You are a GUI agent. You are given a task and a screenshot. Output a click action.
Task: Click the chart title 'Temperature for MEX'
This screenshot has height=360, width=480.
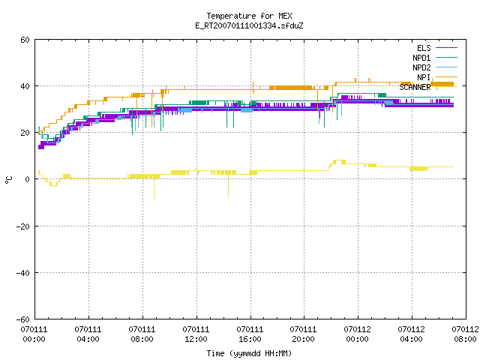coord(249,16)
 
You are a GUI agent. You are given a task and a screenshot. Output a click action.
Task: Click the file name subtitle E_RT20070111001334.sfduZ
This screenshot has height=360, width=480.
coord(249,25)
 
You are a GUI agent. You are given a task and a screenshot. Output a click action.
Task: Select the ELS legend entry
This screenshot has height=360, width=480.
coord(437,48)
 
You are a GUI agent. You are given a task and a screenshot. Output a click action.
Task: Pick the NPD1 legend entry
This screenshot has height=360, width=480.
coord(435,58)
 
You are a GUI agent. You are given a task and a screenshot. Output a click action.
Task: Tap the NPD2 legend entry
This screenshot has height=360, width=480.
coord(435,67)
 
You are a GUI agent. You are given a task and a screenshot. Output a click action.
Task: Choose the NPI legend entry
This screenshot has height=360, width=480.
coord(437,77)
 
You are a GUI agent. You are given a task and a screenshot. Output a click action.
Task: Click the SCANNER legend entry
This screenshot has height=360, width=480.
coord(428,87)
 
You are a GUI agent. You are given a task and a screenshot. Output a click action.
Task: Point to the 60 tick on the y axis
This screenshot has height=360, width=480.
coord(25,40)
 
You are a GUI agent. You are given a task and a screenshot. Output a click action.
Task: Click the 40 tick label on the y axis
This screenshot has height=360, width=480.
coord(25,86)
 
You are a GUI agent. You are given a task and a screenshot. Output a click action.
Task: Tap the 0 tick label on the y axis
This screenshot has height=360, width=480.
coord(27,179)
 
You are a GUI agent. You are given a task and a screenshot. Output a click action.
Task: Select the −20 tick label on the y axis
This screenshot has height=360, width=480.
coord(23,226)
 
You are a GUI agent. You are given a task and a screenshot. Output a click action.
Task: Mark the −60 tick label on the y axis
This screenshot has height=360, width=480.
coord(23,319)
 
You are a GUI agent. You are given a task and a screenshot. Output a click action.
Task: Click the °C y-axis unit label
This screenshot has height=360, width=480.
coord(8,180)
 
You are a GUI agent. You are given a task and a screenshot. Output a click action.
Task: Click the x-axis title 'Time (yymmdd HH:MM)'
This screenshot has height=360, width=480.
coord(249,353)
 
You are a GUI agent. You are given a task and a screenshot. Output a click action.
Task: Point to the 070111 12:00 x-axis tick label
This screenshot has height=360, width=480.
coord(196,334)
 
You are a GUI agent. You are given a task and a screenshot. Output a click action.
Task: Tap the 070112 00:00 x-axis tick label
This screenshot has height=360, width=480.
coord(357,334)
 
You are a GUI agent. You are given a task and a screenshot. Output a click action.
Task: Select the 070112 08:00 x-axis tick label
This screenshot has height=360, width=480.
coord(465,334)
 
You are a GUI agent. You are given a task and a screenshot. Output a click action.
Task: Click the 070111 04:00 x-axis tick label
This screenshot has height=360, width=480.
coord(88,334)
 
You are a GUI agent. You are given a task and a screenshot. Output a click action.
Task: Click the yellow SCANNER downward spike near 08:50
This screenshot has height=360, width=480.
coord(154,189)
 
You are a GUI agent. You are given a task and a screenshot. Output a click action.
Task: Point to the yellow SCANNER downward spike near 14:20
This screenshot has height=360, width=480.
coord(228,185)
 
